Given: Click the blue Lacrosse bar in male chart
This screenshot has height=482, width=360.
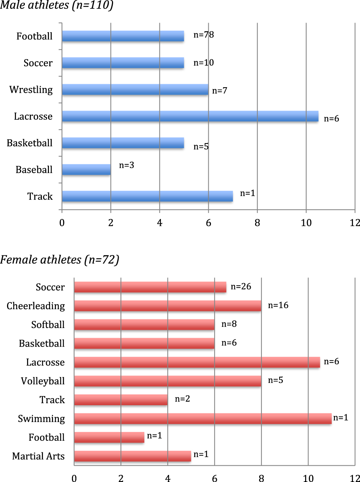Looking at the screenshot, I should (x=190, y=117).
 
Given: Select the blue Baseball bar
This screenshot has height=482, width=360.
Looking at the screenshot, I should (x=86, y=170).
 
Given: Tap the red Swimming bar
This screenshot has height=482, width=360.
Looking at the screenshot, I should (x=202, y=419).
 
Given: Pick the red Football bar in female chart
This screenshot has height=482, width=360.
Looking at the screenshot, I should (x=109, y=437).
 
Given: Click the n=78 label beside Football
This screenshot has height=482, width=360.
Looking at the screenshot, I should (x=204, y=35).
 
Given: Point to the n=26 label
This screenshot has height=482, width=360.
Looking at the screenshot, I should (x=241, y=286).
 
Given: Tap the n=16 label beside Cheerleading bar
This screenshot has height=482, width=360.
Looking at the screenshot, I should (x=278, y=305).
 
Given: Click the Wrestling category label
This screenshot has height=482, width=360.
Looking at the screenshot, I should (x=31, y=90).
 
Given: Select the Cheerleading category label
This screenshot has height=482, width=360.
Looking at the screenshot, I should (x=36, y=306).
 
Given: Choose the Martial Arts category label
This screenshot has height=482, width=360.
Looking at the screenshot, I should (x=38, y=456).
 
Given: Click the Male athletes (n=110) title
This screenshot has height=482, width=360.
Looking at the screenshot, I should (x=56, y=6).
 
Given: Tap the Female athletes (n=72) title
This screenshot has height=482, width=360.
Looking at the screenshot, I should (x=59, y=260).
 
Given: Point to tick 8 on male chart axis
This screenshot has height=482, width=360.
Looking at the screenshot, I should (x=257, y=223).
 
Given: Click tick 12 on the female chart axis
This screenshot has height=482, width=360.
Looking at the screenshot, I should (x=354, y=478).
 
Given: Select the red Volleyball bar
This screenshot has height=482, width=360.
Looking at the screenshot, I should (x=168, y=381).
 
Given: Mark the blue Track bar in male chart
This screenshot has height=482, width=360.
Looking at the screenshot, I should (x=147, y=197).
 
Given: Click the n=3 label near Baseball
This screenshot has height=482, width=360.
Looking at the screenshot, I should (x=126, y=165).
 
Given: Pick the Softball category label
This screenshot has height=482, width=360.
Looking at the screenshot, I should (x=48, y=325).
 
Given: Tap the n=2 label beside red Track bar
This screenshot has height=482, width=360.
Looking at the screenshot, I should (x=182, y=399).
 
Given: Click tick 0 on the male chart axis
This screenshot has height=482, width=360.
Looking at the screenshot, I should (x=62, y=223).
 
